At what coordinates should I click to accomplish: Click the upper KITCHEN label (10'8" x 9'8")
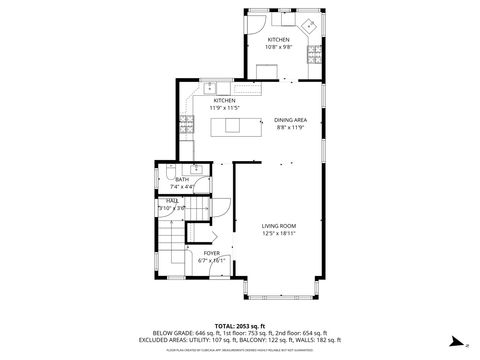tap(278, 40)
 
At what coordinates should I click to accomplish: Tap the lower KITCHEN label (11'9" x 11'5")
tap(224, 101)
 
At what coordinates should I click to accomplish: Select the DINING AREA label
tap(290, 120)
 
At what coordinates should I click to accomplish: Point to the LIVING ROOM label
tap(280, 226)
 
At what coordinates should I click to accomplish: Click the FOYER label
tap(211, 253)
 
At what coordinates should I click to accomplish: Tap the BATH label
tap(181, 180)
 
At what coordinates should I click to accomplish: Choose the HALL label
tap(173, 201)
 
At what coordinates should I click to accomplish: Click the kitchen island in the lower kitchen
tap(233, 125)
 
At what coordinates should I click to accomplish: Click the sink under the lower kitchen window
tap(210, 87)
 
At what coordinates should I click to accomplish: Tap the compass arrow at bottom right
tap(452, 341)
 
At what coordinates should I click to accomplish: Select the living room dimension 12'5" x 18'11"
tap(280, 234)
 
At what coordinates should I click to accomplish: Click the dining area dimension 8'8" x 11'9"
tap(290, 128)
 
